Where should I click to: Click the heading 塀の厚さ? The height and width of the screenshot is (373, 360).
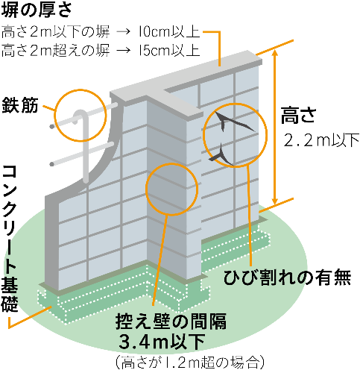[x=37, y=10]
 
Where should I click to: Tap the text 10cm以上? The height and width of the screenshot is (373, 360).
[x=169, y=32]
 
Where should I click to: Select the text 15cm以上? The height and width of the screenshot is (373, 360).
[x=169, y=50]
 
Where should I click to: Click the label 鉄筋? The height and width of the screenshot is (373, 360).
[x=20, y=105]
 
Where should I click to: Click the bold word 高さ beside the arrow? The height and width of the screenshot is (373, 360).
[x=298, y=115]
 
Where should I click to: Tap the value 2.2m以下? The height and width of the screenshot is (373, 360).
[x=321, y=140]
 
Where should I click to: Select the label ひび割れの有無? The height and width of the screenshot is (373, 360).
[x=287, y=278]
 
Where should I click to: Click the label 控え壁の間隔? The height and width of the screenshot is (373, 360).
[x=171, y=321]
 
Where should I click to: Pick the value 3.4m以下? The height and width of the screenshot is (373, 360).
[x=162, y=342]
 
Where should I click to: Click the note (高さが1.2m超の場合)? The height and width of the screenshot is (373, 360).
[x=189, y=363]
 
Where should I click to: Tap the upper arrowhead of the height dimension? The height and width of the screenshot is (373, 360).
[x=274, y=53]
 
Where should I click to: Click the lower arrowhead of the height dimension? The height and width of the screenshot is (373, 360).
[x=274, y=201]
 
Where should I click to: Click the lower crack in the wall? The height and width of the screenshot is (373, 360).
[x=222, y=155]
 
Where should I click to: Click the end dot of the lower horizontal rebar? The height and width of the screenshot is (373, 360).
[x=52, y=164]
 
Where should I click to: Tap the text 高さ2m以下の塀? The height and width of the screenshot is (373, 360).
[x=55, y=32]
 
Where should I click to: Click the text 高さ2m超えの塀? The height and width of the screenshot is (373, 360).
[x=55, y=50]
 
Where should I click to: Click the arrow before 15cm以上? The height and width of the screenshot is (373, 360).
[x=124, y=51]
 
